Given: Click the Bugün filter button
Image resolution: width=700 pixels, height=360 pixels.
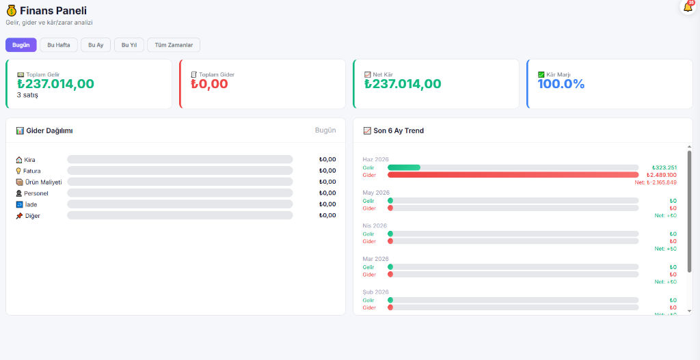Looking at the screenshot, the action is coord(21,45).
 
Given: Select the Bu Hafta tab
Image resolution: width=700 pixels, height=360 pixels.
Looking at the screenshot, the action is coord(59,45).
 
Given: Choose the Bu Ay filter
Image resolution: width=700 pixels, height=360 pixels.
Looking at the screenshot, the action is coord(96,45).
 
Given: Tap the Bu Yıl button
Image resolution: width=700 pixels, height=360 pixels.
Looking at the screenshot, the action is coord(129,45).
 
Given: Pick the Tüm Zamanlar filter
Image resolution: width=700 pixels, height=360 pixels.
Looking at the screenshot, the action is coord(174,45).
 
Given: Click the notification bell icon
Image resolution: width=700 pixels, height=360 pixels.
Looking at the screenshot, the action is coord(688,7).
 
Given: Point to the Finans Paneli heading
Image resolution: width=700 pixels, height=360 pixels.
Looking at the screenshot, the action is coord(53,11).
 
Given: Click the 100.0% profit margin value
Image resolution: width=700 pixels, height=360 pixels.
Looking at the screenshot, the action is coord(561,84).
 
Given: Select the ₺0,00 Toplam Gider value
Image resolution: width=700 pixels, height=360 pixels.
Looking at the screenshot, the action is coord(209,84).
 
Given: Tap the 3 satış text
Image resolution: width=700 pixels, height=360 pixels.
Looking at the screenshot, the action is coord(27,95).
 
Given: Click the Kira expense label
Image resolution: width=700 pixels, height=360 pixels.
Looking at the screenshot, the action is coord(29,160).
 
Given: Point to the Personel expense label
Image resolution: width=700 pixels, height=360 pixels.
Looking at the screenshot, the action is coord(36,193).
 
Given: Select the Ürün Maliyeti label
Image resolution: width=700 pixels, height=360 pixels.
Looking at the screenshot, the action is coord(44,182).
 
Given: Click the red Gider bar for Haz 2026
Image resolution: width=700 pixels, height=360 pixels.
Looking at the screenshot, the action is coord(513,175).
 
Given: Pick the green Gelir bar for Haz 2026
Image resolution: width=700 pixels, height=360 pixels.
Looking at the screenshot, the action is coord(404,167).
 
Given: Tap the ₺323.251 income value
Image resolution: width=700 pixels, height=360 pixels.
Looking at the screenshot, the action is coord(664,167).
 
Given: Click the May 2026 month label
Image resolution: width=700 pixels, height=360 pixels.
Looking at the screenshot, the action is coord(376,193).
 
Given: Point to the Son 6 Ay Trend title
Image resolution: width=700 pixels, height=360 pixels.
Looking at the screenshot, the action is coord(399,130).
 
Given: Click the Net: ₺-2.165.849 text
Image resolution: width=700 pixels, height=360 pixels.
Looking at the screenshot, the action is coord(656,182).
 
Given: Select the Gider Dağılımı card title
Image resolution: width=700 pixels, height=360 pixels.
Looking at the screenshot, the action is coord(49,130).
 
